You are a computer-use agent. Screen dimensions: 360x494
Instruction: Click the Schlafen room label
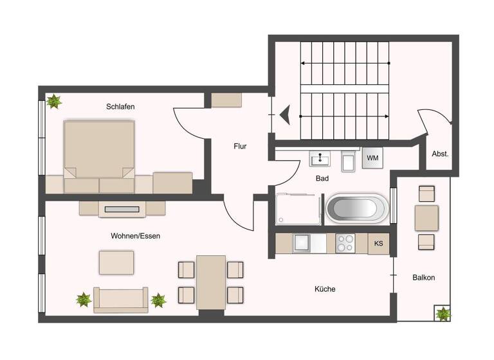[x=120, y=107]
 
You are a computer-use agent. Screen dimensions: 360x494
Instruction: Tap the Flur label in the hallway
[x=240, y=147]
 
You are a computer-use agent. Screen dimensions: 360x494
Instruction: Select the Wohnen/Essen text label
[x=135, y=236]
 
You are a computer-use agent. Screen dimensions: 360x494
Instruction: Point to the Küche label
[x=325, y=289]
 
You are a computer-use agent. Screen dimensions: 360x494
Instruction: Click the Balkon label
[x=423, y=278]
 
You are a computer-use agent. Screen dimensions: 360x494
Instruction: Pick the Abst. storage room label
[x=440, y=154]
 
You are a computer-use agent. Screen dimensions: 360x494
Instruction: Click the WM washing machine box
[x=372, y=158]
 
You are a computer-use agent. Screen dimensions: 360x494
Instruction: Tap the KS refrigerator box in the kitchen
[x=379, y=244]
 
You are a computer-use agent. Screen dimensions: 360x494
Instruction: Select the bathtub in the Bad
[x=358, y=209]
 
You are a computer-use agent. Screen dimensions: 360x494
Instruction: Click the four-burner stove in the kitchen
[x=345, y=243]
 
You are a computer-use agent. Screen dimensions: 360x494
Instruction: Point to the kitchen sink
[x=302, y=243]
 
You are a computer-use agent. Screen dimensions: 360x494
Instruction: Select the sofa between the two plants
[x=121, y=300]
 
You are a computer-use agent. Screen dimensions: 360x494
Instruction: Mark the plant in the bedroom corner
[x=54, y=102]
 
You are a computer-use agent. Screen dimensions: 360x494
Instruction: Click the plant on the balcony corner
[x=443, y=314]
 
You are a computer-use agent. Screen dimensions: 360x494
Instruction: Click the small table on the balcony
[x=426, y=218]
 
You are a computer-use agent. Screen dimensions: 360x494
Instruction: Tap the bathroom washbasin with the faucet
[x=320, y=159]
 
